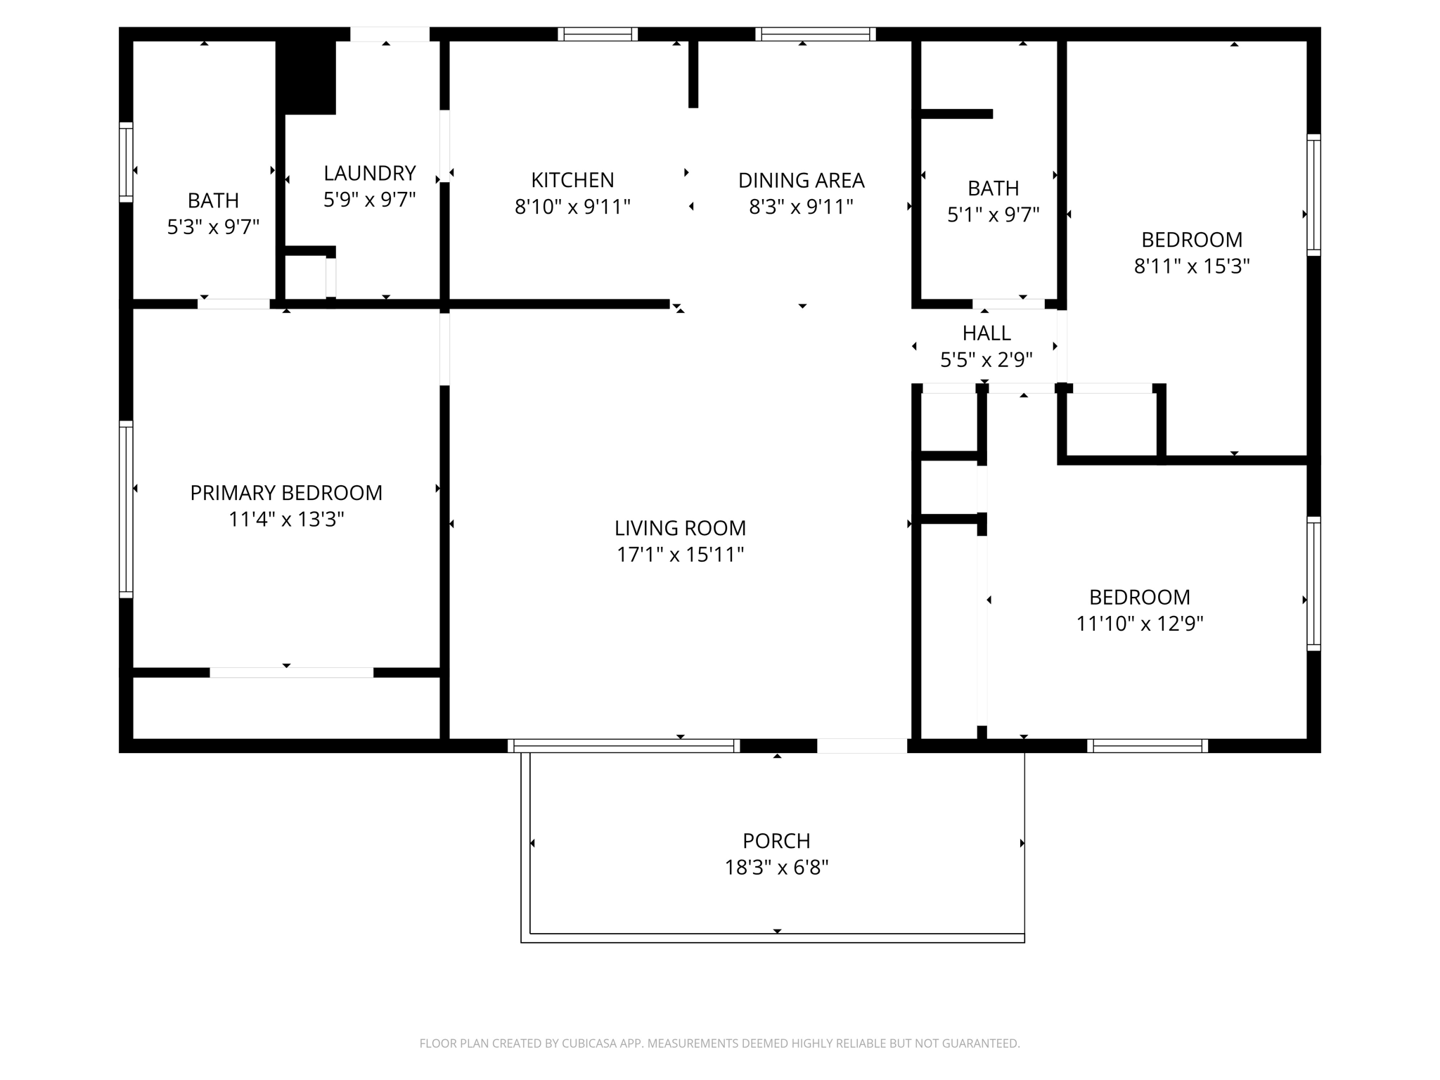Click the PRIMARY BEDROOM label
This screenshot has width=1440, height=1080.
286,493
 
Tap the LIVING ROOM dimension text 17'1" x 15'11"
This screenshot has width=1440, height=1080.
680,555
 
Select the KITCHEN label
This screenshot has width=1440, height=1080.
572,180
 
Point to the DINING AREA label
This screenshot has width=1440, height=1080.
801,181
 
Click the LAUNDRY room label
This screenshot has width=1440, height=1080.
369,173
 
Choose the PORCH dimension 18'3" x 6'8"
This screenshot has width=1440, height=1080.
776,868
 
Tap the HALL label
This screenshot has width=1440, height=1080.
986,333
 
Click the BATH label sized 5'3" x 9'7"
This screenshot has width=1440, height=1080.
213,200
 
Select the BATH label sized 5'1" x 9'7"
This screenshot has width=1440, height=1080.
993,188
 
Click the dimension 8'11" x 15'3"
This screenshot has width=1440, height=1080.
1191,266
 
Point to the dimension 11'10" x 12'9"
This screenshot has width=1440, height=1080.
1139,624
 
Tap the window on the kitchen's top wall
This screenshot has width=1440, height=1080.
598,34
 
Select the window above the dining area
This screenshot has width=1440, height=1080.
816,34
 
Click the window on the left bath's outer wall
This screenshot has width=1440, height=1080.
126,162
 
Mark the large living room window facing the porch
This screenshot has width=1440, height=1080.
623,746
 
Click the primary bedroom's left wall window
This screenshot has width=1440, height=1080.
126,509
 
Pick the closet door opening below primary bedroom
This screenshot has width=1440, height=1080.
291,673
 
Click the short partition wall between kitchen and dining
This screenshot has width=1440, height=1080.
693,74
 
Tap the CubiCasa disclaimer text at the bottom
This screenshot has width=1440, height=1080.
719,1043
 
